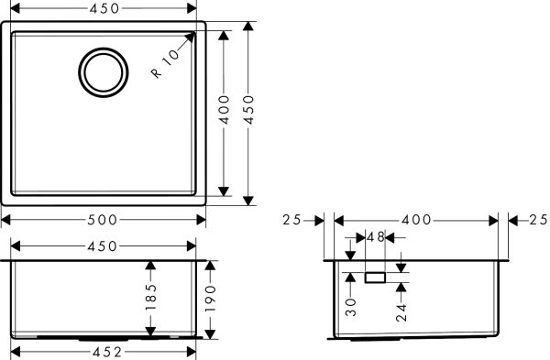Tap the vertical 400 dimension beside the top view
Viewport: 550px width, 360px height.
pyautogui.click(x=224, y=111)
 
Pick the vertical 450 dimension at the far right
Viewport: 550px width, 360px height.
pyautogui.click(x=247, y=111)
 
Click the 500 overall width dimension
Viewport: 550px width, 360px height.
pyautogui.click(x=103, y=220)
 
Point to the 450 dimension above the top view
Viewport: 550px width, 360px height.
pyautogui.click(x=103, y=9)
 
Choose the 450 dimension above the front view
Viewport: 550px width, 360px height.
pyautogui.click(x=103, y=245)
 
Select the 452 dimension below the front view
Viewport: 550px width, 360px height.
pyautogui.click(x=103, y=351)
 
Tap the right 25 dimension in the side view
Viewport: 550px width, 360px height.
pyautogui.click(x=538, y=220)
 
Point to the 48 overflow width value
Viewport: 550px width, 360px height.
pyautogui.click(x=375, y=237)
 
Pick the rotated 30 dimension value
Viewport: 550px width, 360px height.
pyautogui.click(x=351, y=306)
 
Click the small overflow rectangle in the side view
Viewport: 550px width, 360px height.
pyautogui.click(x=375, y=276)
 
